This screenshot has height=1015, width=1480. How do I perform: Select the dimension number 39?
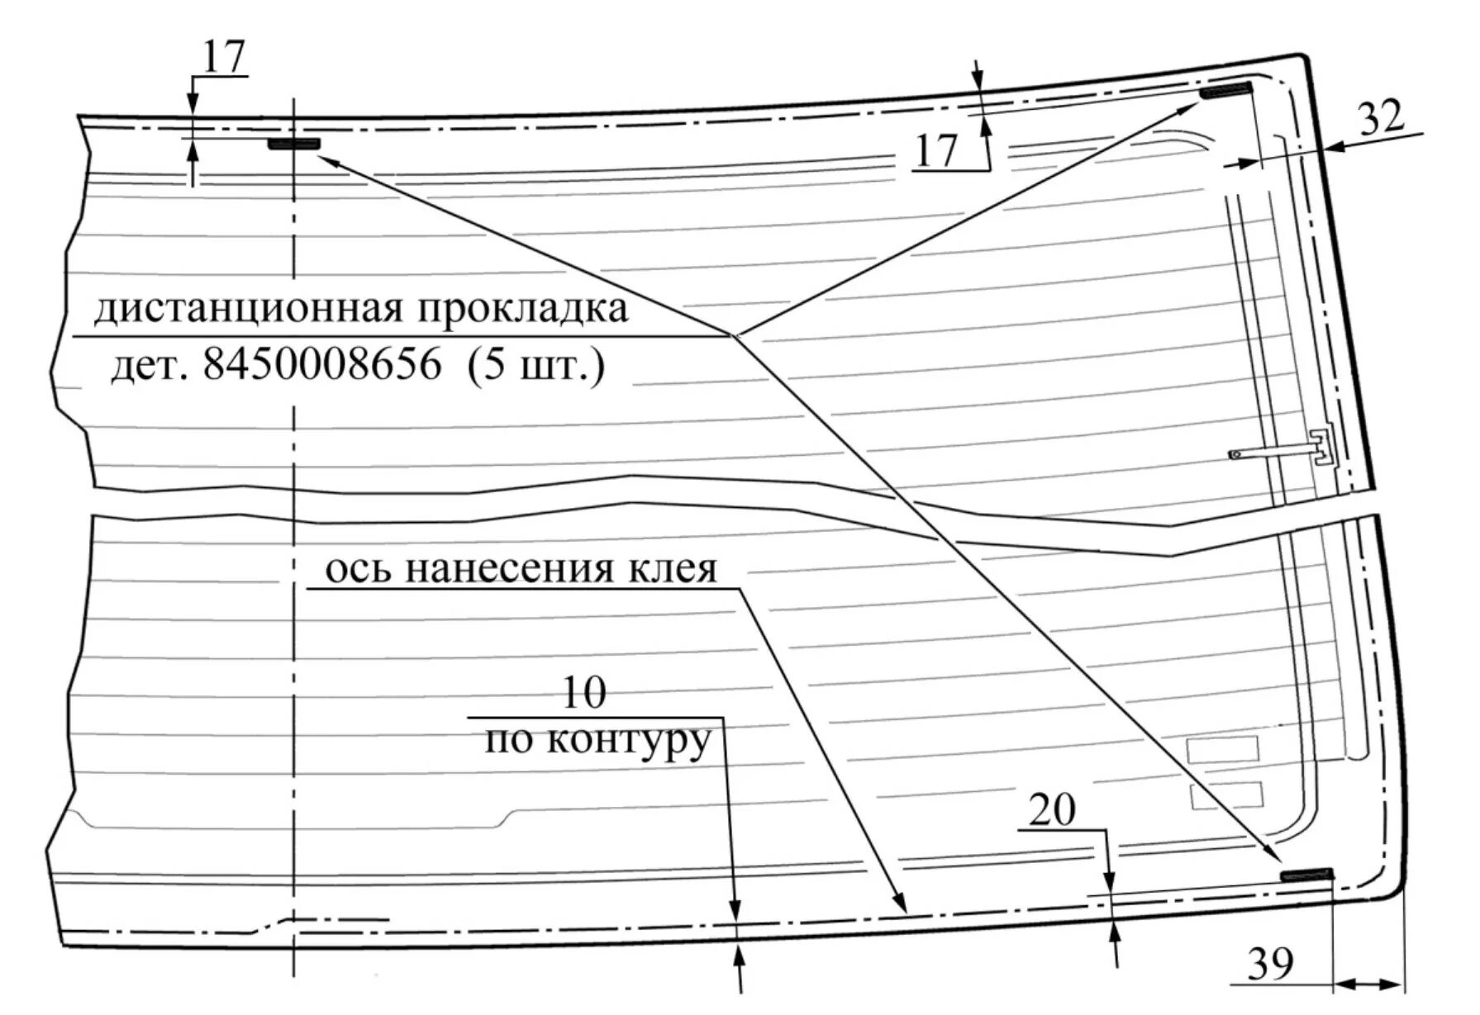(1270, 963)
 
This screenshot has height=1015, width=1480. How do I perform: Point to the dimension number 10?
(583, 693)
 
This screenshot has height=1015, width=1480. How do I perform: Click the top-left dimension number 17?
(224, 57)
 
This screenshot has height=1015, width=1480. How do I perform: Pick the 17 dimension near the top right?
(935, 151)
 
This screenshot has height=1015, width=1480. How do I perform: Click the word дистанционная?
(249, 310)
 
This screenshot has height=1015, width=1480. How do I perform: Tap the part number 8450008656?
(322, 364)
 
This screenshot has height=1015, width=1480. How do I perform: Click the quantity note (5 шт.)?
(535, 364)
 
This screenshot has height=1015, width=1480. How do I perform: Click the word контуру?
(628, 741)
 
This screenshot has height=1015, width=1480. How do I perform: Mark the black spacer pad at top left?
(293, 144)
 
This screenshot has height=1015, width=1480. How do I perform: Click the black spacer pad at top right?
(1225, 91)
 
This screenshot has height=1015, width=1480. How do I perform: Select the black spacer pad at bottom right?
(1306, 875)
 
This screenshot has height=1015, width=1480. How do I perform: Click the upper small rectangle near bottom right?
(1222, 749)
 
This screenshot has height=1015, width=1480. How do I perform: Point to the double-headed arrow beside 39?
(1368, 983)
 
